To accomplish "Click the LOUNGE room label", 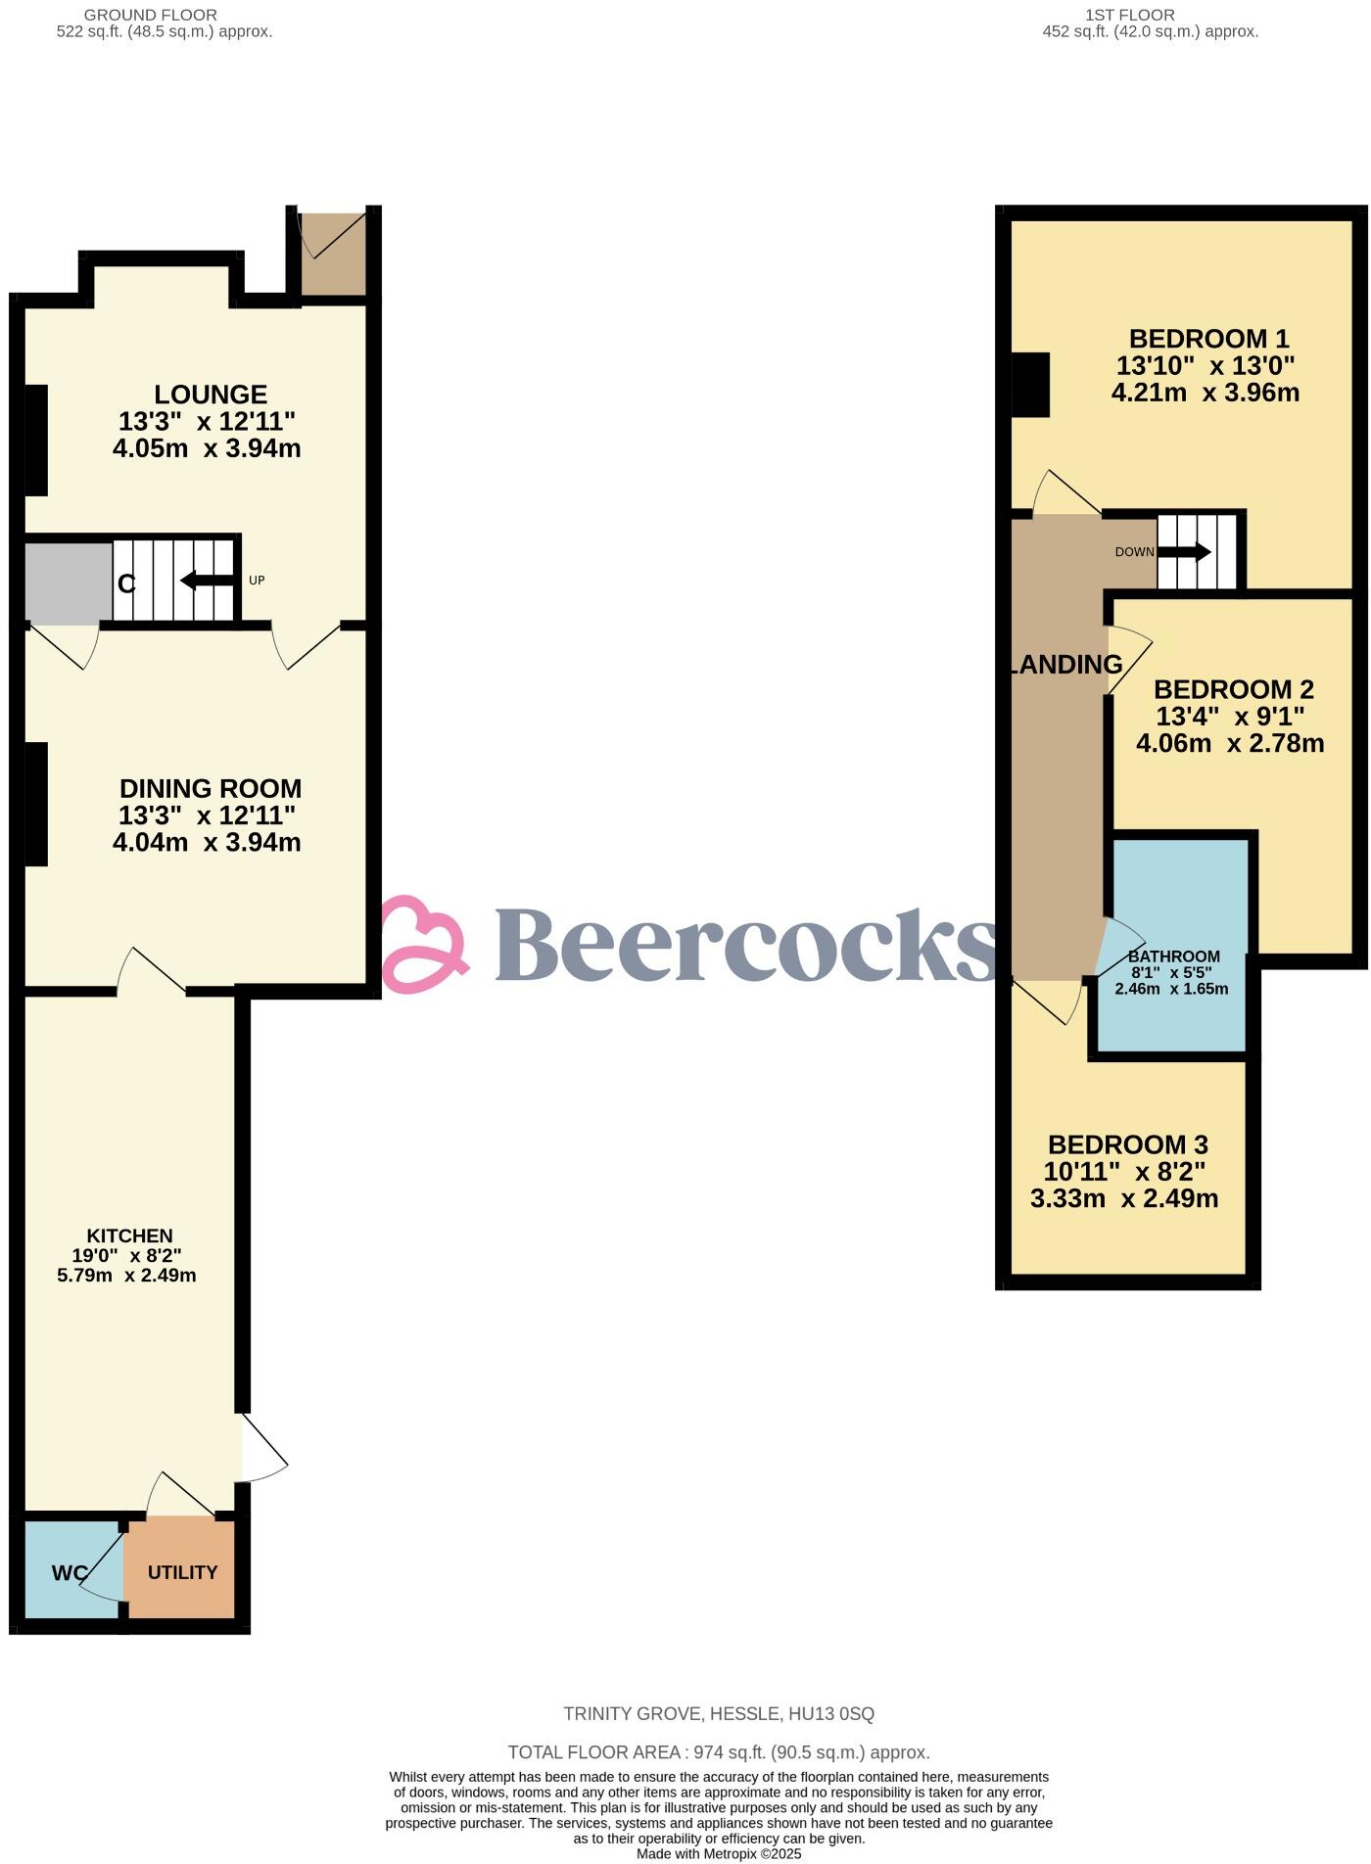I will click(x=211, y=395).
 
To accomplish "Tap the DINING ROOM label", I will click(x=211, y=788).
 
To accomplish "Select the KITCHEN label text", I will click(x=129, y=1235).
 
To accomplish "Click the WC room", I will click(x=70, y=1572).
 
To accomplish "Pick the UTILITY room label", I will click(x=182, y=1572).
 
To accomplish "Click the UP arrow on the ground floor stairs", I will click(x=207, y=581).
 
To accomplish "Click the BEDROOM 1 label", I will click(x=1208, y=339).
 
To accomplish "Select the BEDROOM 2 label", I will click(x=1233, y=689).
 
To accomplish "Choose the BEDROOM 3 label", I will click(x=1127, y=1144).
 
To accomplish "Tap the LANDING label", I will click(x=1065, y=665).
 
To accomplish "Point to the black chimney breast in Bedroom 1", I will click(x=1029, y=385).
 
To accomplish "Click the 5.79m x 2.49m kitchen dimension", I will click(x=126, y=1275).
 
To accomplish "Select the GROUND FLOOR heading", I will click(x=151, y=15).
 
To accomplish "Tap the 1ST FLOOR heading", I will click(x=1130, y=15).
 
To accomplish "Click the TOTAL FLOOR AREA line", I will click(x=718, y=1752).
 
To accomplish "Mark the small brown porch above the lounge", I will click(x=332, y=252).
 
